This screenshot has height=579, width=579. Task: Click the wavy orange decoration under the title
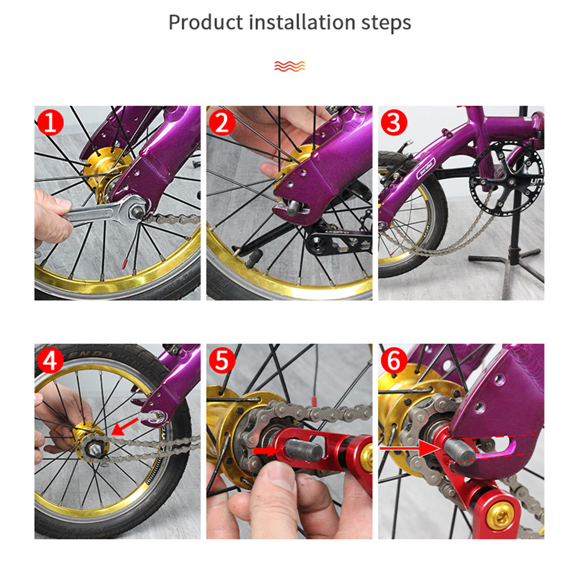click(289, 66)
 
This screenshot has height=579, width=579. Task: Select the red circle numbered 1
click(50, 123)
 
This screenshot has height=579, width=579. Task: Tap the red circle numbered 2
click(222, 123)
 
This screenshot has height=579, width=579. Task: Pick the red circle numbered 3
click(394, 123)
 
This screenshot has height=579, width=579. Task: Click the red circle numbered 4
click(50, 361)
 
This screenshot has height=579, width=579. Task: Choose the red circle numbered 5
click(222, 361)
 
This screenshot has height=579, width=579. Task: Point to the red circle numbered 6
click(394, 361)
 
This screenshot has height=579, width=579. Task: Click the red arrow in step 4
click(125, 426)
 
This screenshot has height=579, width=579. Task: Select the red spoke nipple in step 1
click(124, 263)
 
